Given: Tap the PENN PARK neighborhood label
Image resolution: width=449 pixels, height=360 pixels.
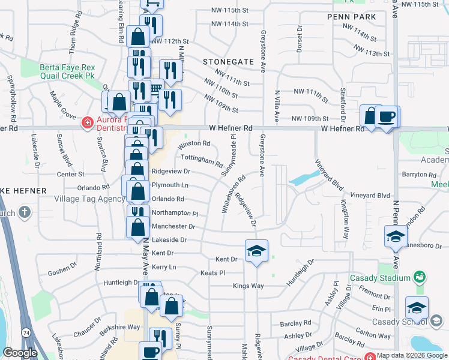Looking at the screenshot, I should click(352, 17).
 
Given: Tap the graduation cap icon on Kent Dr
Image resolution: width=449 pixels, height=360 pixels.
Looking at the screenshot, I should click(256, 251).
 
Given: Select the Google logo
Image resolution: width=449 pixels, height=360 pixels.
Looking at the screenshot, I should click(20, 353).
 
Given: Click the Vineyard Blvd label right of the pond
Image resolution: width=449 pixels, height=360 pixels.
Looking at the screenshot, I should click(370, 196).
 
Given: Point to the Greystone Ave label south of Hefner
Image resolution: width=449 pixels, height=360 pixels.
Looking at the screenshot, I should click(262, 155).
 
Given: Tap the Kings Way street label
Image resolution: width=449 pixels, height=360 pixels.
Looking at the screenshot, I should click(249, 286).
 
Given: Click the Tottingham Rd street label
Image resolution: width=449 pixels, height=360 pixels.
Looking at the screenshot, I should click(202, 161).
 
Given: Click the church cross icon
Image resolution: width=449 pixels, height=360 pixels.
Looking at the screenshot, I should click(25, 212).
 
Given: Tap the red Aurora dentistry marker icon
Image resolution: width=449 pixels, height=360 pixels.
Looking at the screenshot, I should click(87, 123).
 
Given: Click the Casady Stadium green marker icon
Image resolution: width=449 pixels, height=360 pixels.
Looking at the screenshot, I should click(419, 277).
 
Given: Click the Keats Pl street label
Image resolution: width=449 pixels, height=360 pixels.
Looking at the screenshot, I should click(213, 273).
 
